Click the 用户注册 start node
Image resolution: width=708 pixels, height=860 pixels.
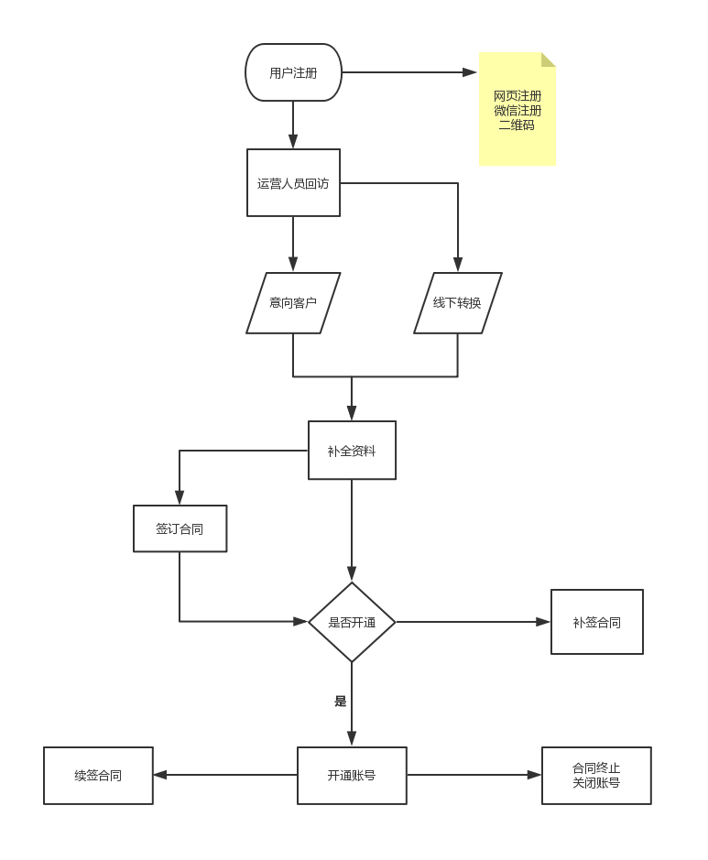click(293, 72)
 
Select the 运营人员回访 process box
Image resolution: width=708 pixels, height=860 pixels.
click(293, 183)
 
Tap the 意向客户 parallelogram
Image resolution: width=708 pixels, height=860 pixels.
click(293, 303)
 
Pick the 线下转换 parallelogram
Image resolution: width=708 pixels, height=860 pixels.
click(457, 303)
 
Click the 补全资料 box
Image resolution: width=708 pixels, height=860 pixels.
click(352, 451)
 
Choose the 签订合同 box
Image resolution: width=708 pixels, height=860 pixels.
click(180, 528)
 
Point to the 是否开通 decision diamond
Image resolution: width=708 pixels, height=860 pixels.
click(352, 622)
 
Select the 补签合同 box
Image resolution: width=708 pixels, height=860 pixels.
click(596, 622)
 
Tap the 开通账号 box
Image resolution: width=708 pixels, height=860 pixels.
click(352, 775)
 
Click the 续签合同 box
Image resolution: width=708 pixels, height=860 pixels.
click(98, 775)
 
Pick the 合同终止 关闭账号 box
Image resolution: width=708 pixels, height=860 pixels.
click(596, 775)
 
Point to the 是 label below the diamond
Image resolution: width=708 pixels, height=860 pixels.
click(341, 702)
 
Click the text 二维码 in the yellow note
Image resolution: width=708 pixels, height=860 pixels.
click(517, 125)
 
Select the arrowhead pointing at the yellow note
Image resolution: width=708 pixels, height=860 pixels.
click(470, 72)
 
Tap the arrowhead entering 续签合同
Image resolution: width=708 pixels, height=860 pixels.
click(160, 775)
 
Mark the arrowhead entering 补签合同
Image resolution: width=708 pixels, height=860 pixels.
click(543, 622)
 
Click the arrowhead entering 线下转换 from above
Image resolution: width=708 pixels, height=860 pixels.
click(458, 265)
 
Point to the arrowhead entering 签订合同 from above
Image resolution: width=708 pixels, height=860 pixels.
click(180, 497)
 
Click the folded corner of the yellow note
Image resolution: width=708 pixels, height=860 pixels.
click(548, 60)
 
